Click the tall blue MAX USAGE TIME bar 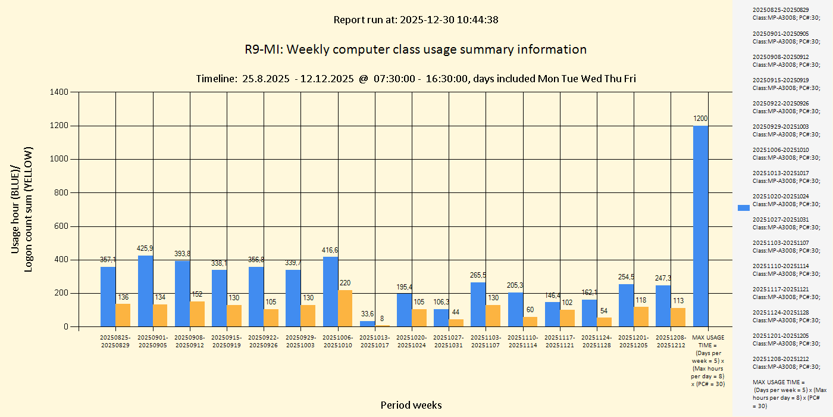pos(701,226)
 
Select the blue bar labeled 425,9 pos(145,291)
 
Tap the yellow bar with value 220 pos(345,309)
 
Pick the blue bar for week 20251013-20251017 pos(367,324)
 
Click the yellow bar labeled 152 pos(197,314)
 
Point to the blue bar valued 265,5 pos(478,304)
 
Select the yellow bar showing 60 pos(530,322)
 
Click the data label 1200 pos(701,119)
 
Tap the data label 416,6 pos(330,250)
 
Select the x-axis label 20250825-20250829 pos(115,341)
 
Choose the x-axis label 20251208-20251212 pos(671,341)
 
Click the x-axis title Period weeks pos(411,405)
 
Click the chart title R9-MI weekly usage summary pos(415,49)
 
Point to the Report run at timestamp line pos(415,20)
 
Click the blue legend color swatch pos(744,207)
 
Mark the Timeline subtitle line pos(415,79)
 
